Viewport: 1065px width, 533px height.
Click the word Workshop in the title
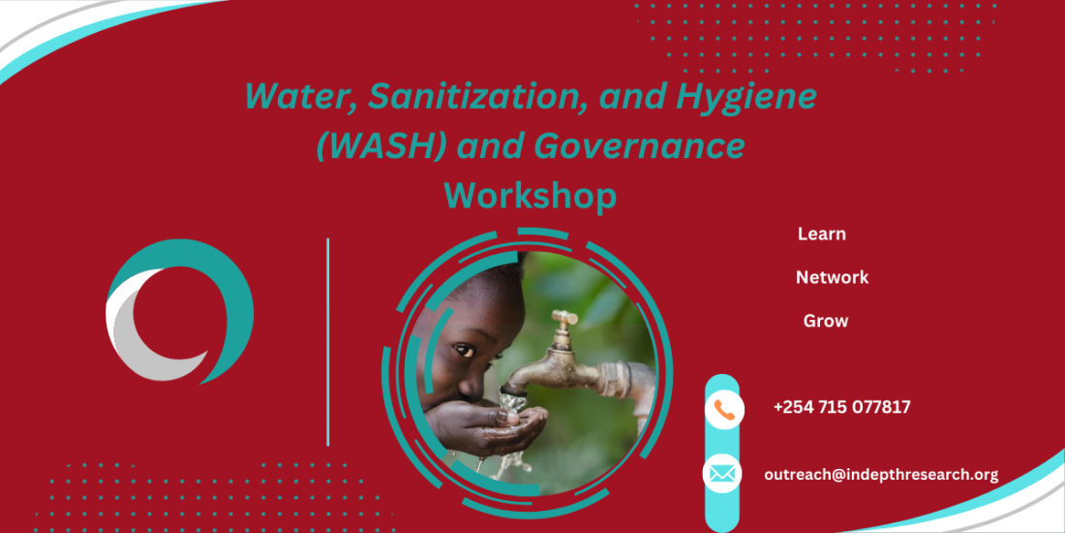point(531,196)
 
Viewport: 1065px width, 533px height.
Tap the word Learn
point(821,234)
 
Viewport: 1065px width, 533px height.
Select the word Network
point(832,277)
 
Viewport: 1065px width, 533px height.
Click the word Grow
point(825,321)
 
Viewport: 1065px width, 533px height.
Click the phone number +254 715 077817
point(841,407)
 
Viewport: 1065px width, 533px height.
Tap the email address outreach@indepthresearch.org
point(880,475)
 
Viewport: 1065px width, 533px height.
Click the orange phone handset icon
point(724,409)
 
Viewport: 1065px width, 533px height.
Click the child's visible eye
point(464,352)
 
